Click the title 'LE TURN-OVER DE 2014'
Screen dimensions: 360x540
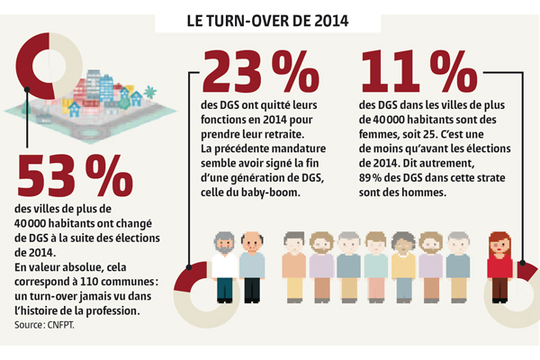[x=270, y=19]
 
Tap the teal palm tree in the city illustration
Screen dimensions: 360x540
[x=149, y=92]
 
